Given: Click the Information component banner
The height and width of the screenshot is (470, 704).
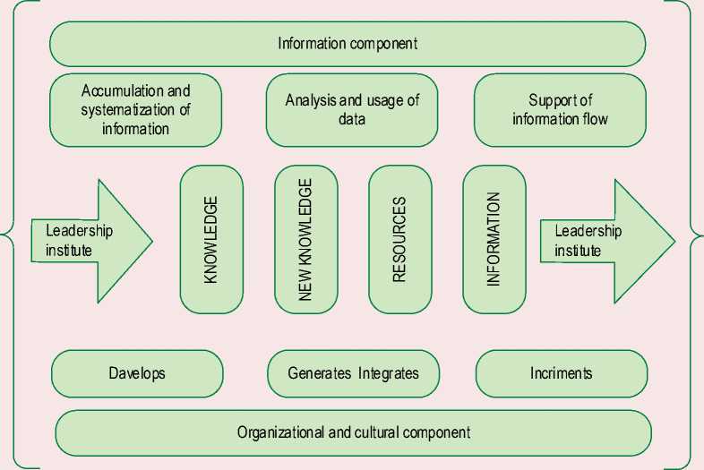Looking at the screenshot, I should (x=348, y=43).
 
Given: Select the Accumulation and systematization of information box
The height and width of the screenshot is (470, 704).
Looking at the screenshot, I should (x=136, y=110).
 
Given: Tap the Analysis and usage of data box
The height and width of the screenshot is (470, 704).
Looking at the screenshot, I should (x=352, y=110).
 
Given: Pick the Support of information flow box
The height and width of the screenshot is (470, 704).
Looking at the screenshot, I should (x=560, y=110).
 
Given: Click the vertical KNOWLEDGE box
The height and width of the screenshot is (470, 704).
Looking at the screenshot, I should (x=211, y=239).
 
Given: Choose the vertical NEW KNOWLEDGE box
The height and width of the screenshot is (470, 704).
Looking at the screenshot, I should (x=306, y=239).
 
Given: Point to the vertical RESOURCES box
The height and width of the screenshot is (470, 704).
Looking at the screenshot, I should (x=399, y=239).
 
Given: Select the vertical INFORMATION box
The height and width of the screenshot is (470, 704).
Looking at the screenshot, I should (x=494, y=239).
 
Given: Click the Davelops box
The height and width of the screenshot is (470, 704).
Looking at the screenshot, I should (x=137, y=373).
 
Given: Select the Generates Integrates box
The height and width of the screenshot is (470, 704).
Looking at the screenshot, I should (x=353, y=373).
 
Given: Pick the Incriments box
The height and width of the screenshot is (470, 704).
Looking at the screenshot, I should (x=561, y=373).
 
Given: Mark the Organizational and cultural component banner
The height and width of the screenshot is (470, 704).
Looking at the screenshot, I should (x=353, y=432).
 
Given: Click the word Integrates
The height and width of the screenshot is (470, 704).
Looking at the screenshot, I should (x=389, y=373).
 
